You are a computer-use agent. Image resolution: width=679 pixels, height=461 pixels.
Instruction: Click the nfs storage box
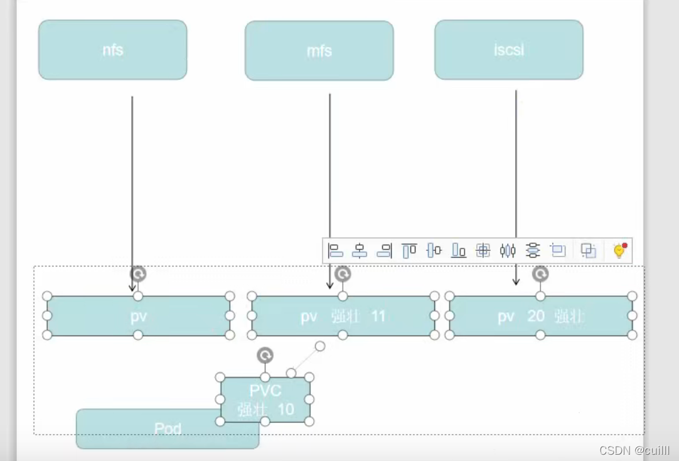pyautogui.click(x=113, y=50)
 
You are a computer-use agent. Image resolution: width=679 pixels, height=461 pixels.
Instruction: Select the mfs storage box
pyautogui.click(x=319, y=51)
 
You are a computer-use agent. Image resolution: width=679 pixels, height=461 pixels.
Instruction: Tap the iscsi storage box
pyautogui.click(x=508, y=50)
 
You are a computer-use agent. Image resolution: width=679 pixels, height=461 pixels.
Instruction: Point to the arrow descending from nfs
pyautogui.click(x=132, y=188)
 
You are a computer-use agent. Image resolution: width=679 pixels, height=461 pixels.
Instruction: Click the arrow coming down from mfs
pyautogui.click(x=329, y=188)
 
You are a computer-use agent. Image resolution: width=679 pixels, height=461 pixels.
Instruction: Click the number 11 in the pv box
pyautogui.click(x=378, y=316)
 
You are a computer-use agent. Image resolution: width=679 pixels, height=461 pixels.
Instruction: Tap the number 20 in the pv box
pyautogui.click(x=535, y=316)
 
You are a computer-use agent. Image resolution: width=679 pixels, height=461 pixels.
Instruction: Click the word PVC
pyautogui.click(x=265, y=391)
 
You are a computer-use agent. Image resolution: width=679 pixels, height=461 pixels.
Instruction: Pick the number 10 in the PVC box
pyautogui.click(x=286, y=410)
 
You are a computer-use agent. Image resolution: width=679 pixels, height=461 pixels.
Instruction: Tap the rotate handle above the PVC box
pyautogui.click(x=265, y=356)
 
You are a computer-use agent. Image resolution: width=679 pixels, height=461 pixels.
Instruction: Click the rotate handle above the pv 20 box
pyautogui.click(x=540, y=274)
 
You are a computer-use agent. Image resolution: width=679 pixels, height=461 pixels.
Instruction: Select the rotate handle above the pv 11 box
pyautogui.click(x=343, y=274)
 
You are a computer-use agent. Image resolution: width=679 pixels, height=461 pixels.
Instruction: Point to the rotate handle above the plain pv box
pyautogui.click(x=138, y=274)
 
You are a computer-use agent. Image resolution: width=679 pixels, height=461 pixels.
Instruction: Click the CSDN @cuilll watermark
pyautogui.click(x=634, y=450)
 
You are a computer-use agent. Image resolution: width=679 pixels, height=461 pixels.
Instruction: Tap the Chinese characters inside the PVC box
pyautogui.click(x=253, y=410)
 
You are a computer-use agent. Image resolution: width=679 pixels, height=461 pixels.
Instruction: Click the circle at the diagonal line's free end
pyautogui.click(x=320, y=346)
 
